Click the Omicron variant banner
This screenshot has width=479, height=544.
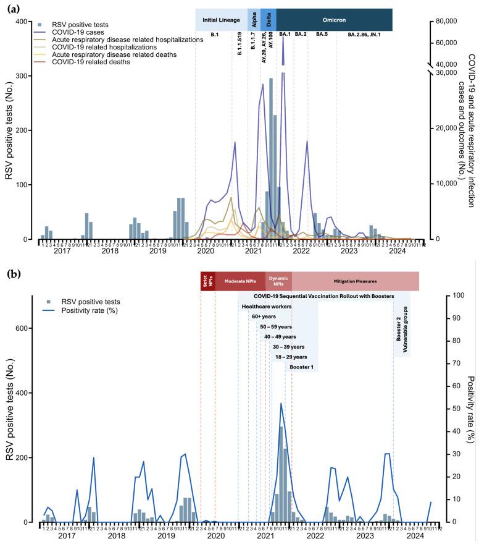pyautogui.click(x=334, y=20)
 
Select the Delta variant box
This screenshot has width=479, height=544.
pyautogui.click(x=269, y=20)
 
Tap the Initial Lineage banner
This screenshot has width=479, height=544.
pyautogui.click(x=221, y=20)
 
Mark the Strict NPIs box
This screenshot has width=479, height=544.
pyautogui.click(x=205, y=281)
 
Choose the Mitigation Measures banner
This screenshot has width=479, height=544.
pyautogui.click(x=355, y=281)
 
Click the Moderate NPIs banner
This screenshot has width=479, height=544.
pyautogui.click(x=240, y=281)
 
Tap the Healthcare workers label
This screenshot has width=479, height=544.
pyautogui.click(x=267, y=306)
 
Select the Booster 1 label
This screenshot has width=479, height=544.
pyautogui.click(x=302, y=367)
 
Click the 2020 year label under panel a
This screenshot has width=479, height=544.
pyautogui.click(x=205, y=252)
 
